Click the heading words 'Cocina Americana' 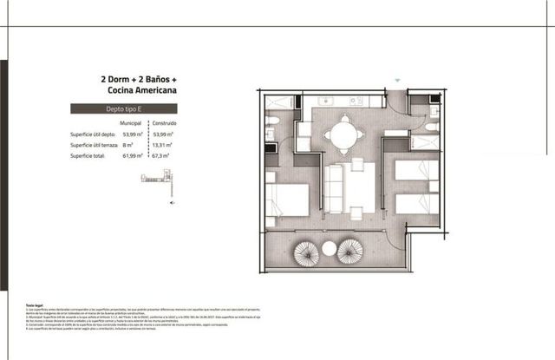pos(138,89)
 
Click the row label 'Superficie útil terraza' pos(95,146)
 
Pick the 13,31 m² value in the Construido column pos(162,146)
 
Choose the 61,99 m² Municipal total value pos(131,157)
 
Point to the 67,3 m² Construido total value pos(160,157)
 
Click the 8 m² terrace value pos(129,146)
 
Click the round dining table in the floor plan pos(345,133)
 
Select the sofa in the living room pos(334,187)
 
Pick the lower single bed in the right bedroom pos(415,204)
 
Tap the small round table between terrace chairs pos(329,248)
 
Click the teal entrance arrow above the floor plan pos(398,81)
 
